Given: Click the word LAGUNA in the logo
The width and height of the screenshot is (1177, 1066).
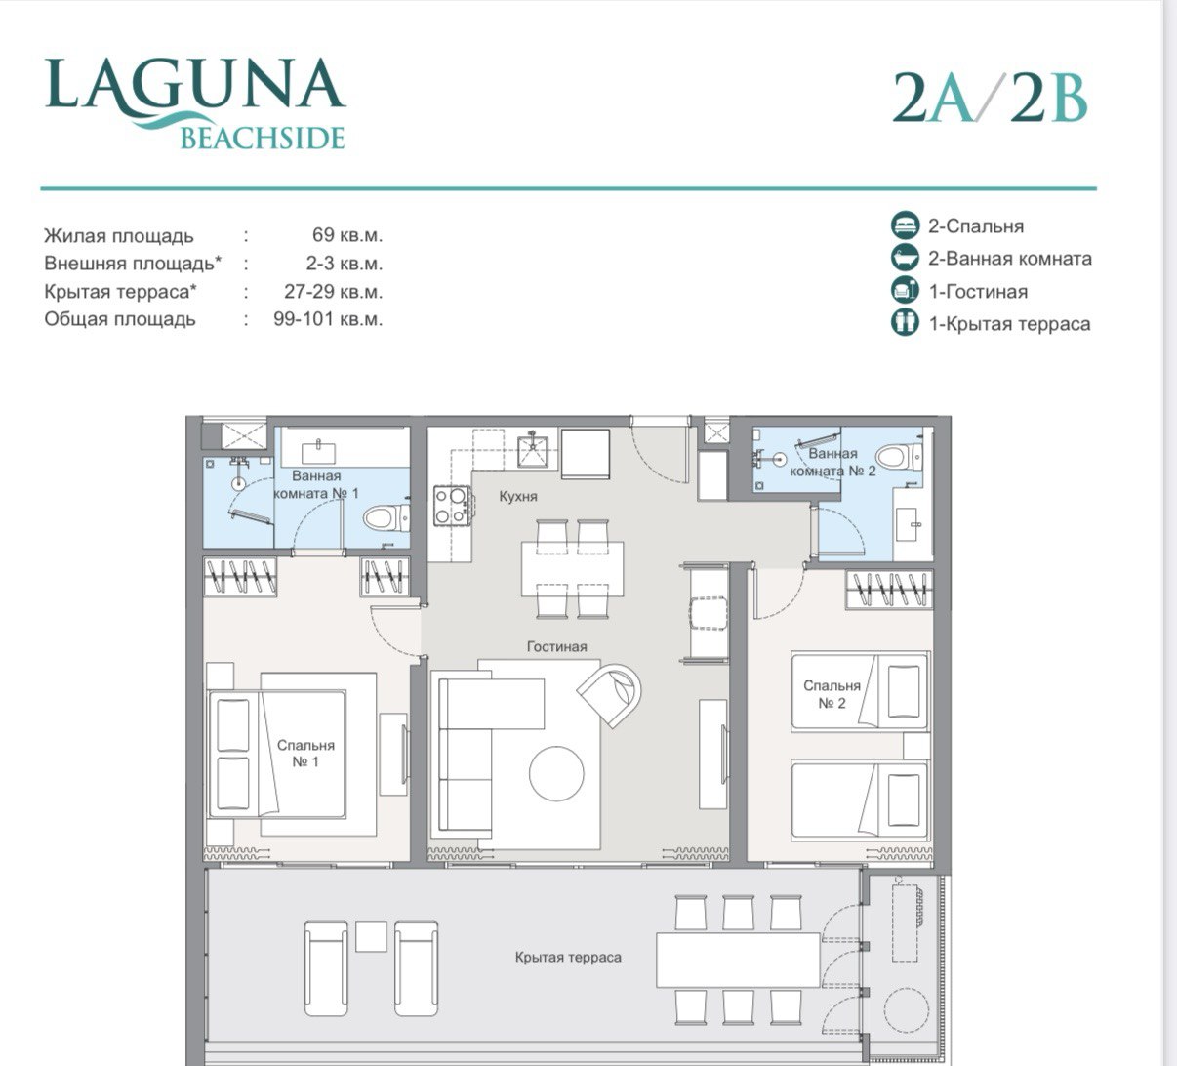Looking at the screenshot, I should (195, 86).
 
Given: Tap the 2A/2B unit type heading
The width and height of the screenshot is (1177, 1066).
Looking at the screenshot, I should (990, 100).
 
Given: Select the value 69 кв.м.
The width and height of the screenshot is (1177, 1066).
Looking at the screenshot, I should (347, 235).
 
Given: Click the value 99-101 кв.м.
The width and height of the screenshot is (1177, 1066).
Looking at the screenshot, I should (328, 319).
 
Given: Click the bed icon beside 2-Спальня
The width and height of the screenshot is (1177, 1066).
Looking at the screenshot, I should (906, 225).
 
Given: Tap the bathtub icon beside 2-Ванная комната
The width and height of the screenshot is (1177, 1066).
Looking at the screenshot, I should (906, 258).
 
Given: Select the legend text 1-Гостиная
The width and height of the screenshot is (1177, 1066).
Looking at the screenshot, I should (977, 291).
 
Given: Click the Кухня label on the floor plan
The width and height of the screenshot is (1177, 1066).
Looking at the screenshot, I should (518, 496).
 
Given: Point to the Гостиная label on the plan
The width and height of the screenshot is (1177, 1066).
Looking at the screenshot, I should (556, 646).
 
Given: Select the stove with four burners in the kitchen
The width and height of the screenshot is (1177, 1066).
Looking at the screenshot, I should (450, 506).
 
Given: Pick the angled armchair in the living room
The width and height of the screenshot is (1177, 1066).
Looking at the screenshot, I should (611, 692).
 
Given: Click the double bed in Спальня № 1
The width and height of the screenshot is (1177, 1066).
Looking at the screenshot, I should (293, 754).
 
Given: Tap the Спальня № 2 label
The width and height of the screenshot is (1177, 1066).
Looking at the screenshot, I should (832, 694).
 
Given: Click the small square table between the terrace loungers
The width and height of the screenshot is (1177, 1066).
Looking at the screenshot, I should (371, 936).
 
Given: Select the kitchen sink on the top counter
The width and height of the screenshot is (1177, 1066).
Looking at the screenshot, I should (533, 452).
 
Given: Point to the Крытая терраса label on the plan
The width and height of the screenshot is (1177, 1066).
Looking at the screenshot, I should (568, 958).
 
